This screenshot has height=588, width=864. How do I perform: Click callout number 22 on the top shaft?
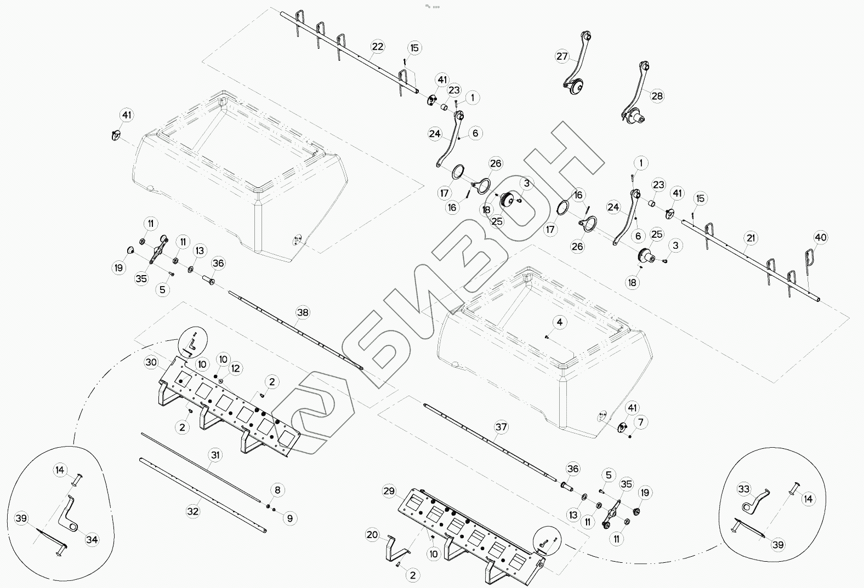pos(377,47)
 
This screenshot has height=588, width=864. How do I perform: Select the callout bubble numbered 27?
pos(562,56)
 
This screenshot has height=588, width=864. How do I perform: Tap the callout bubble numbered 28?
pos(657,96)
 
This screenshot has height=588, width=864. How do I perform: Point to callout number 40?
pos(821,237)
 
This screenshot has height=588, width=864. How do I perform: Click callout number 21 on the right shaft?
pos(751,238)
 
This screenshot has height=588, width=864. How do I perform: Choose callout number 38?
pos(303,312)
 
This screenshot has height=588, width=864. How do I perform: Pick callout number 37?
pos(501,427)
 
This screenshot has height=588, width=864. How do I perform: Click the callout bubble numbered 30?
pos(151,362)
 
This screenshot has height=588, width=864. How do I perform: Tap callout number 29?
pos(389,492)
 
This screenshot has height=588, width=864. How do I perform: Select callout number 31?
pos(215,454)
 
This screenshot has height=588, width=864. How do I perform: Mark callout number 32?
pos(193,511)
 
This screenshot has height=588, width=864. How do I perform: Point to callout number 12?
pos(236,368)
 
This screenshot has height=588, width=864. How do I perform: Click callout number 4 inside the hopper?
pos(559,322)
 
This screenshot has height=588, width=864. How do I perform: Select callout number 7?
pos(640,422)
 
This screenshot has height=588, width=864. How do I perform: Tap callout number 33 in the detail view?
pos(743,489)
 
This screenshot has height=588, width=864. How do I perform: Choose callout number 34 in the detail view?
pos(92,540)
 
